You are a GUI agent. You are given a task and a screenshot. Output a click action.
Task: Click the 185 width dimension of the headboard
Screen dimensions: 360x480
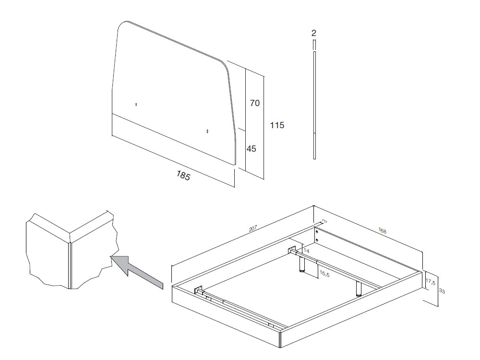point(183,176)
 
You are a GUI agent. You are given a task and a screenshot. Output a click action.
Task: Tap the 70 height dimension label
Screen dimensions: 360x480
point(254,103)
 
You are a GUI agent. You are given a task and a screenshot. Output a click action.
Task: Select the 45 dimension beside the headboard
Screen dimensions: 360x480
point(252,149)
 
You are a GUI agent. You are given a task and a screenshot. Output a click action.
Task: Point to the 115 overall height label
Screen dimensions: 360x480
point(277,125)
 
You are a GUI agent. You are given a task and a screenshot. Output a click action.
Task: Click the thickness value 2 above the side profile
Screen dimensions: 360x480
point(313,33)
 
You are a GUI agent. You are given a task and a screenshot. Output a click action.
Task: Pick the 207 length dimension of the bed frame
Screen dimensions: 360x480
point(253,229)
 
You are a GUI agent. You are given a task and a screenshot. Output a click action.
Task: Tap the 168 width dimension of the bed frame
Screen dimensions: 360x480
point(382,231)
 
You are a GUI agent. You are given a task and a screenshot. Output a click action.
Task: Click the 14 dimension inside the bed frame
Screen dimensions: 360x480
point(307,251)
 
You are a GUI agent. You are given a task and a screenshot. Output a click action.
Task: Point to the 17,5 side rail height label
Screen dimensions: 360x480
point(431,283)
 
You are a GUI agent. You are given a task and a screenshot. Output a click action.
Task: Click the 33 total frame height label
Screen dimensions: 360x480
point(442,291)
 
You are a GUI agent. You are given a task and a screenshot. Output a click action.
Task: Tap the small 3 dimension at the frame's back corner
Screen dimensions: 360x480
point(324,221)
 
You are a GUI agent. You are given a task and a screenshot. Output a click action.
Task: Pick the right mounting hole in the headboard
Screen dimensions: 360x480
point(207,131)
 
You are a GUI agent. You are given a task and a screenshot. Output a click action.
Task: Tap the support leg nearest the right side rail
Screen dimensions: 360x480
point(358,288)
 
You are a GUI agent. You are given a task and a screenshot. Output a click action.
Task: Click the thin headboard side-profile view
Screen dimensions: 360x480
point(314,106)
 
